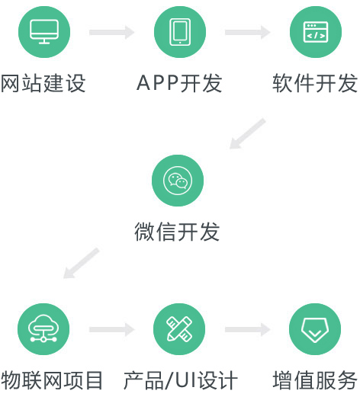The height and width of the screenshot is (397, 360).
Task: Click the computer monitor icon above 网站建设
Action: click(x=44, y=32)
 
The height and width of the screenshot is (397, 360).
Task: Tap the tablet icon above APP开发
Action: click(x=180, y=32)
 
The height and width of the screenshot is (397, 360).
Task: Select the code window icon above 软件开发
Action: click(x=316, y=32)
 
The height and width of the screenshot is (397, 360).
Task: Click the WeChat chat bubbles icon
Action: click(x=178, y=181)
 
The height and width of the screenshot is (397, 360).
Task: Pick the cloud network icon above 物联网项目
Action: click(x=43, y=328)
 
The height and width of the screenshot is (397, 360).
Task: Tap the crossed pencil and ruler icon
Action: click(x=179, y=328)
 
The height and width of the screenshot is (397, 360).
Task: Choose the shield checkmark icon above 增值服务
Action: click(x=315, y=330)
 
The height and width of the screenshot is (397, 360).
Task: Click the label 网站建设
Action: click(x=43, y=84)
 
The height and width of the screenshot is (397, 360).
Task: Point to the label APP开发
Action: click(x=179, y=83)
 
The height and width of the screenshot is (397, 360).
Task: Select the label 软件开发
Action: click(x=315, y=84)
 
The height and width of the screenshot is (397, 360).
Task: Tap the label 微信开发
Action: click(x=177, y=232)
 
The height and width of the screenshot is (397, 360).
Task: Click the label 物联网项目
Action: click(x=52, y=380)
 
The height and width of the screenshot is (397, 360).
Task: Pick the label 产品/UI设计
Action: click(x=181, y=380)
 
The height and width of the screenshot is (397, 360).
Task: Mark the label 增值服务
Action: click(x=315, y=380)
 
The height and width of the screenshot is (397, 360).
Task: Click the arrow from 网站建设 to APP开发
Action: click(x=112, y=32)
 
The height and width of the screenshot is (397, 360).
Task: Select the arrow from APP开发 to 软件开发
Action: click(x=248, y=32)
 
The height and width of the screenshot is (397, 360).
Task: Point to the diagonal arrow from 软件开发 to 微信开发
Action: click(x=247, y=133)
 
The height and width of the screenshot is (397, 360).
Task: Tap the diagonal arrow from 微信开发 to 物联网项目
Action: click(x=81, y=263)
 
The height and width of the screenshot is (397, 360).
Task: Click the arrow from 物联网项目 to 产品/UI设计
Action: click(x=112, y=329)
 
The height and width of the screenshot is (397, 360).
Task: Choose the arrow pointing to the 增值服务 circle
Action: click(x=248, y=329)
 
